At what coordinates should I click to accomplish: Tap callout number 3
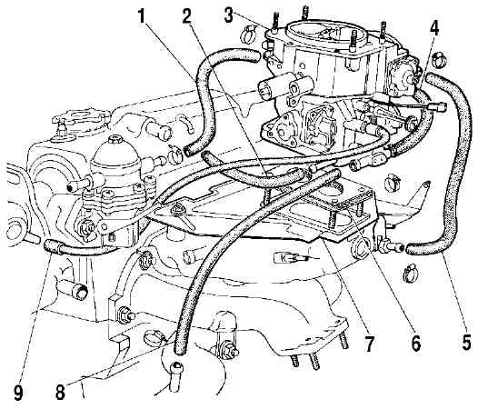pyautogui.click(x=229, y=15)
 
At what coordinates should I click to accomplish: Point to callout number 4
pyautogui.click(x=434, y=28)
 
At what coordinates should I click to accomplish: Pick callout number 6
pyautogui.click(x=416, y=343)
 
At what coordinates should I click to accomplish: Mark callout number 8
pyautogui.click(x=60, y=392)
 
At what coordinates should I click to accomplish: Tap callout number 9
pyautogui.click(x=18, y=393)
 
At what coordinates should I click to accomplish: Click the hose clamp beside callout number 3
pyautogui.click(x=249, y=34)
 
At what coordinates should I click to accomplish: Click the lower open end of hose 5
pyautogui.click(x=410, y=249)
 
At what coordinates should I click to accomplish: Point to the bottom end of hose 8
pyautogui.click(x=179, y=351)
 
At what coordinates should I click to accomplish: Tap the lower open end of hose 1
pyautogui.click(x=188, y=150)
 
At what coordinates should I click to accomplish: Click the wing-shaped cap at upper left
pyautogui.click(x=82, y=116)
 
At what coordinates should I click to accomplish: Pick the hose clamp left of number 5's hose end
pyautogui.click(x=410, y=274)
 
